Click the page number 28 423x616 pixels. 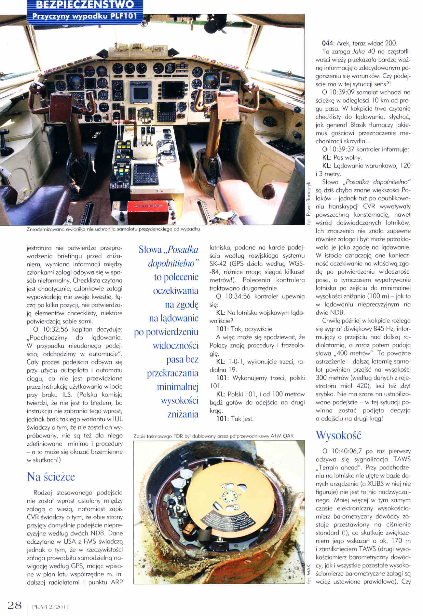click(15, 606)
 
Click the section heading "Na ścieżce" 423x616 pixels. click(51, 477)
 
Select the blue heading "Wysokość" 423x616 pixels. click(338, 435)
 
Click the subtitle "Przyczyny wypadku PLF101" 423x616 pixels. click(84, 16)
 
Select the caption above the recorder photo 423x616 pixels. click(213, 436)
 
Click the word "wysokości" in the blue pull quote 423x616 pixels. click(180, 400)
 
